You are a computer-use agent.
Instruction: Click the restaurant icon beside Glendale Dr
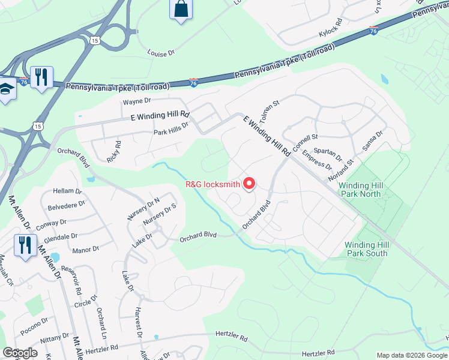click(x=25, y=245)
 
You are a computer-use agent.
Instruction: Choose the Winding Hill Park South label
click(x=366, y=249)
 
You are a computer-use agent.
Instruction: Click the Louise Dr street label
click(x=161, y=53)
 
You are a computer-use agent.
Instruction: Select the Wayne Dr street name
click(x=137, y=102)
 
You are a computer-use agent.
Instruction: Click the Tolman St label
click(x=268, y=112)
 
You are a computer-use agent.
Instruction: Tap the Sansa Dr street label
click(x=372, y=142)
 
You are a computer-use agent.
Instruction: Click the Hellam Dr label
click(x=67, y=190)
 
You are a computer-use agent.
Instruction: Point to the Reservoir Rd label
click(x=75, y=278)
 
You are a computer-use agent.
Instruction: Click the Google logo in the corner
click(x=20, y=353)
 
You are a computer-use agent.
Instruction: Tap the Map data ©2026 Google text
click(x=411, y=355)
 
